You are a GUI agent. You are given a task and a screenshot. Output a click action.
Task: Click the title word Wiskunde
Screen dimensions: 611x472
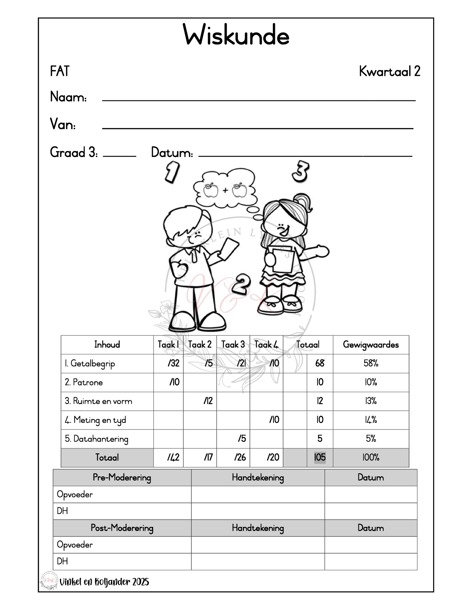click(x=236, y=36)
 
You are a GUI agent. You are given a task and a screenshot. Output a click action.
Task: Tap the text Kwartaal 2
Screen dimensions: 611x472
click(x=389, y=71)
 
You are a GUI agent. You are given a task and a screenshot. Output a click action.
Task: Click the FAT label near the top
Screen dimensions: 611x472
click(x=60, y=71)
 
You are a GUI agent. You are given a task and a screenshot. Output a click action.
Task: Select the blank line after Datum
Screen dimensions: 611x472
click(x=305, y=155)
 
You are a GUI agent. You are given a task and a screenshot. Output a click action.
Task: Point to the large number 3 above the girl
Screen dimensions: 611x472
click(x=300, y=171)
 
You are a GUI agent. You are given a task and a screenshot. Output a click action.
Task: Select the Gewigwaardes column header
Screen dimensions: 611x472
click(x=371, y=345)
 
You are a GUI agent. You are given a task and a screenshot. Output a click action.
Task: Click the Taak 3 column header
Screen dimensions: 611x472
click(x=233, y=345)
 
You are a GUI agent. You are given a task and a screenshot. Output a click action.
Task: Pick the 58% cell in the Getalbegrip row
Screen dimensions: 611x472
click(x=371, y=363)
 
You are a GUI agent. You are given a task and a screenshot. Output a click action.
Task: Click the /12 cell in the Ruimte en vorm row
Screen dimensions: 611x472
click(x=208, y=401)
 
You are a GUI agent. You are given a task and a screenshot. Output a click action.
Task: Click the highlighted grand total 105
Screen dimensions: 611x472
click(x=320, y=458)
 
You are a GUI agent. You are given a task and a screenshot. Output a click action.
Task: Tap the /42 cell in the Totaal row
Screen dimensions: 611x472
click(x=173, y=458)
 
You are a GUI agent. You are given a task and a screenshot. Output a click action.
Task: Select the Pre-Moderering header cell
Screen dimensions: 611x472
click(x=122, y=478)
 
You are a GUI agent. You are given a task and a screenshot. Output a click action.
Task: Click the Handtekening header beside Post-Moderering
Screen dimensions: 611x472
click(x=258, y=528)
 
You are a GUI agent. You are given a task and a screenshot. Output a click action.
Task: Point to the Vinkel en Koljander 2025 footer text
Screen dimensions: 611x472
click(x=104, y=582)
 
